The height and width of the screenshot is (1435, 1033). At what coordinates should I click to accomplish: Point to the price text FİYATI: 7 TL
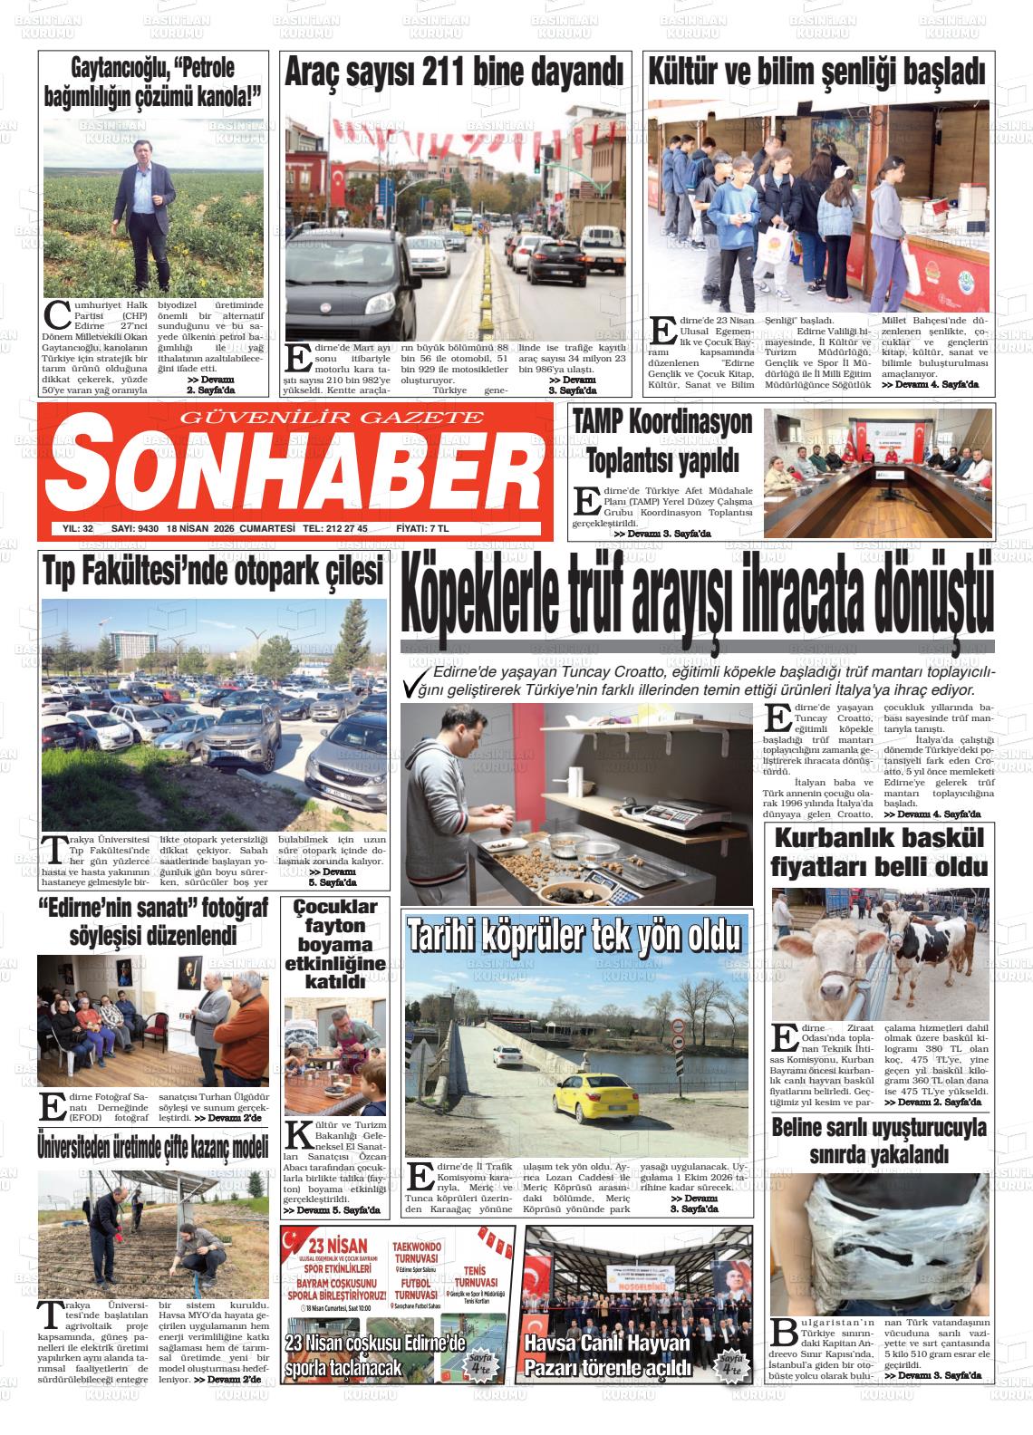coord(422,529)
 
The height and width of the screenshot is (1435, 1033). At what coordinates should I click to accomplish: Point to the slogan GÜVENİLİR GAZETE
coord(333,418)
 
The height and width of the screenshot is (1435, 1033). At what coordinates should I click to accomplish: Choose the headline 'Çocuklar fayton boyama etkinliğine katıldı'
coord(334,944)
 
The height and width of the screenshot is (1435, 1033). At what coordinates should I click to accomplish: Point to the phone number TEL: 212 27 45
coord(335,529)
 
